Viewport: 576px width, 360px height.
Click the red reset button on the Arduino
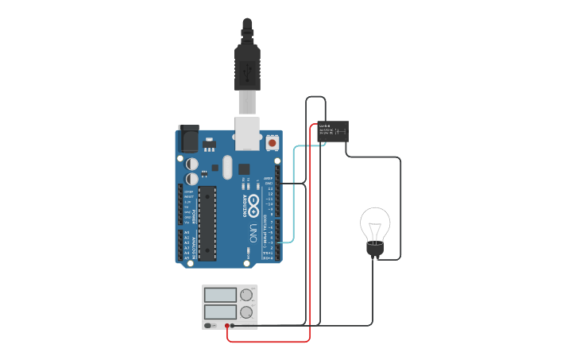pos(273,142)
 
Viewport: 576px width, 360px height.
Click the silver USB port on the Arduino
pos(248,133)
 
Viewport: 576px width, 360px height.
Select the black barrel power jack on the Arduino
pos(188,138)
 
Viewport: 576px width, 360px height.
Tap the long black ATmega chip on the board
pos(207,223)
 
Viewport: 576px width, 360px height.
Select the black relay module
pos(333,131)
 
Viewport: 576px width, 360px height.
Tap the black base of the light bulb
pos(375,250)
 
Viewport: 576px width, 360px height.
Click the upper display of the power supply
pos(220,295)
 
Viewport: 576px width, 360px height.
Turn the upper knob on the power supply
pos(246,295)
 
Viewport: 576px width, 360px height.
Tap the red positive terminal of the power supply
pos(227,325)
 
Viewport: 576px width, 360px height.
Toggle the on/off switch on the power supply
pos(208,325)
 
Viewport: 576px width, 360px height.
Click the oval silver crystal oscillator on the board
pos(227,167)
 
